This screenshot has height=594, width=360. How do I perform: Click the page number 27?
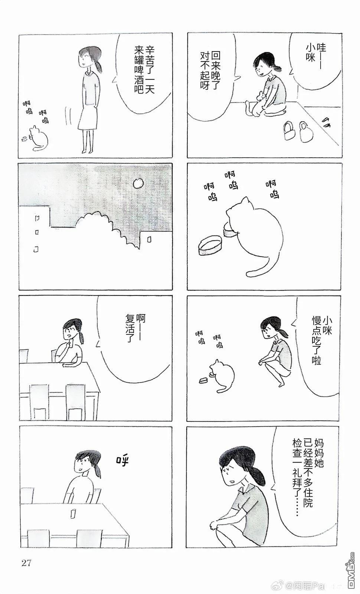pos(26,563)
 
